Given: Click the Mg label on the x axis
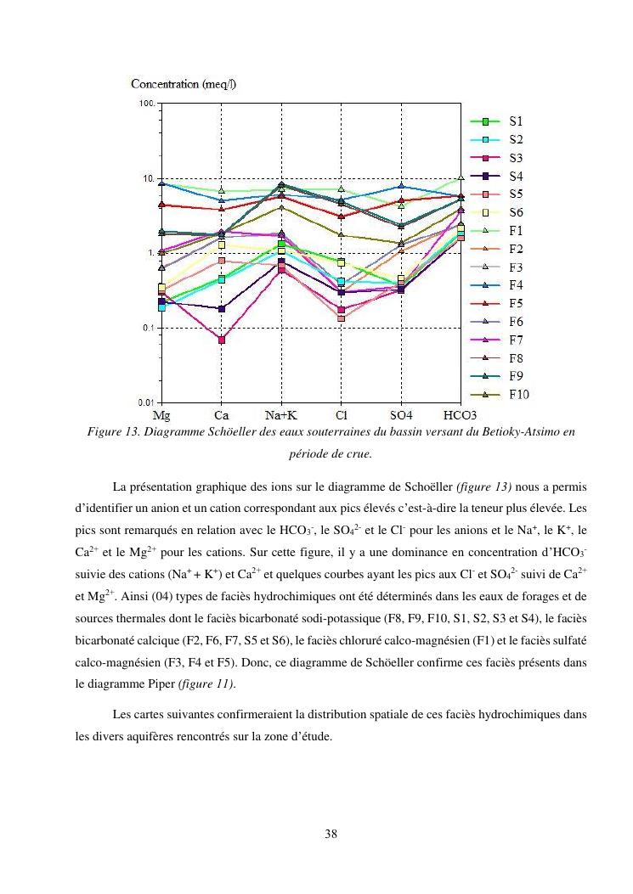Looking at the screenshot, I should tap(161, 416).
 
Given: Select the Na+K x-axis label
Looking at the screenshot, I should tap(280, 416).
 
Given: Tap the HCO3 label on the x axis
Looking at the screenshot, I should tap(461, 416).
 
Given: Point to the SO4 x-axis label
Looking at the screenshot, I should tap(401, 416).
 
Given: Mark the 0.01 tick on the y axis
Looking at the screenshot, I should tap(145, 402).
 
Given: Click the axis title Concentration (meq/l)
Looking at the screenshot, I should tap(184, 83).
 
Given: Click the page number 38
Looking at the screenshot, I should tap(331, 834).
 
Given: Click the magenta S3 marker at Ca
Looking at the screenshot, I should tap(221, 340).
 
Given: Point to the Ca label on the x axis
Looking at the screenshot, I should tap(221, 416).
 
